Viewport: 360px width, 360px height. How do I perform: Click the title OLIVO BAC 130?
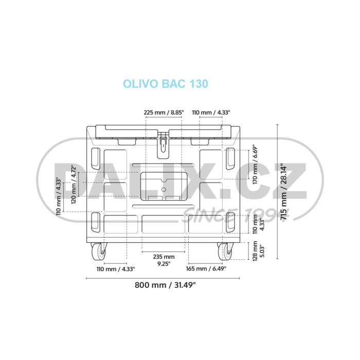[166, 83]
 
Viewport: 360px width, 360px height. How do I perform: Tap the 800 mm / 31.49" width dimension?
[165, 285]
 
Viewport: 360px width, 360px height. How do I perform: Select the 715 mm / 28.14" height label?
[284, 191]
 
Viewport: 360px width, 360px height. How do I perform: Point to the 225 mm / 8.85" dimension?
[164, 113]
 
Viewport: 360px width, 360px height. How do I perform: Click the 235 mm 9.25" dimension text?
[164, 260]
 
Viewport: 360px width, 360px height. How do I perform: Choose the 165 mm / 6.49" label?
[206, 268]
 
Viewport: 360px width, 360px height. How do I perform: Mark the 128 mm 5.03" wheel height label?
[258, 251]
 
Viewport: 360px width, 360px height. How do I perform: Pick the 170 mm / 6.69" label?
[255, 164]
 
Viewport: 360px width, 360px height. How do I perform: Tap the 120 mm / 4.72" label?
[74, 184]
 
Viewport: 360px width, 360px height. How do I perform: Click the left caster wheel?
[99, 251]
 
